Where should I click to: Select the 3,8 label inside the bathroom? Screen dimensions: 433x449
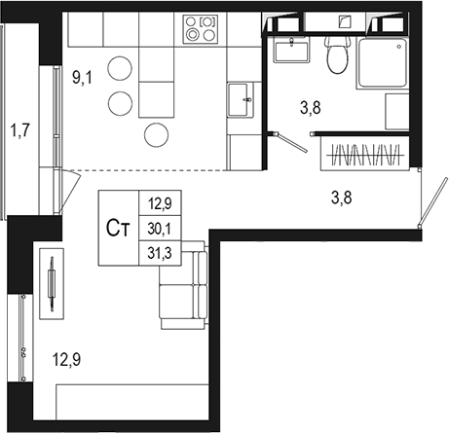tap(311, 108)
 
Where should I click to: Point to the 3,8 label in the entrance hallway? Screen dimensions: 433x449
tap(341, 198)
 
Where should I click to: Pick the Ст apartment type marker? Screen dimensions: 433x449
tap(119, 229)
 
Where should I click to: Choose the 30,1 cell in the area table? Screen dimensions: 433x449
tap(157, 229)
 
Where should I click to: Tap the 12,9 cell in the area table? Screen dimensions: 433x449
tap(157, 204)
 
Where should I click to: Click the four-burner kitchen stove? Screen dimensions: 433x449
tap(201, 29)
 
